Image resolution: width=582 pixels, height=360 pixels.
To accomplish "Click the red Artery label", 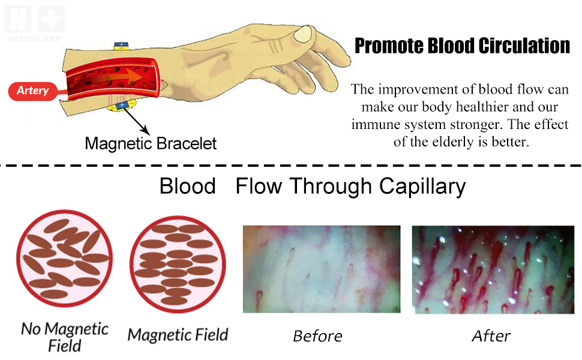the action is pos(32,91).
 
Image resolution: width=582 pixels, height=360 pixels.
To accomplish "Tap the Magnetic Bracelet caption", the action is pos(151,144).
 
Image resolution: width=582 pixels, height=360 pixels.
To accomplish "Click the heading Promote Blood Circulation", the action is pos(461,46).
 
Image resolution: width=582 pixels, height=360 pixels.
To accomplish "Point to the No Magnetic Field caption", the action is pos(65,337).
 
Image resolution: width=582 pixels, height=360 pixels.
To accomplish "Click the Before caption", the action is pos(317,336).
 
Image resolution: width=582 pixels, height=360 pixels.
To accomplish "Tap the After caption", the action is pos(491,336).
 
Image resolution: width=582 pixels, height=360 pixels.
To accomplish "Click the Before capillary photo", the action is pos(321,269).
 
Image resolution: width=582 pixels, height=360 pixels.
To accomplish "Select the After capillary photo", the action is pos(491,269).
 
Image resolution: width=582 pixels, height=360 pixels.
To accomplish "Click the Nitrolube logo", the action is pos(34,19).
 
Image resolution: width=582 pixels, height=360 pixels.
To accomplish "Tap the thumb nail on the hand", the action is pos(303,34).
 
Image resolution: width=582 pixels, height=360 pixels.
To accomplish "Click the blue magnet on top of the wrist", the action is pos(122,45).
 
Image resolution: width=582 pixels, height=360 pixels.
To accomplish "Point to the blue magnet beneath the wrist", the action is pos(121,106).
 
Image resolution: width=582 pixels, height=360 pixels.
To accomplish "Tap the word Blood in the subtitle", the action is pos(187,187).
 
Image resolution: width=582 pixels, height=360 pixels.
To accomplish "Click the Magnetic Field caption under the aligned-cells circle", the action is pos(178,334).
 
